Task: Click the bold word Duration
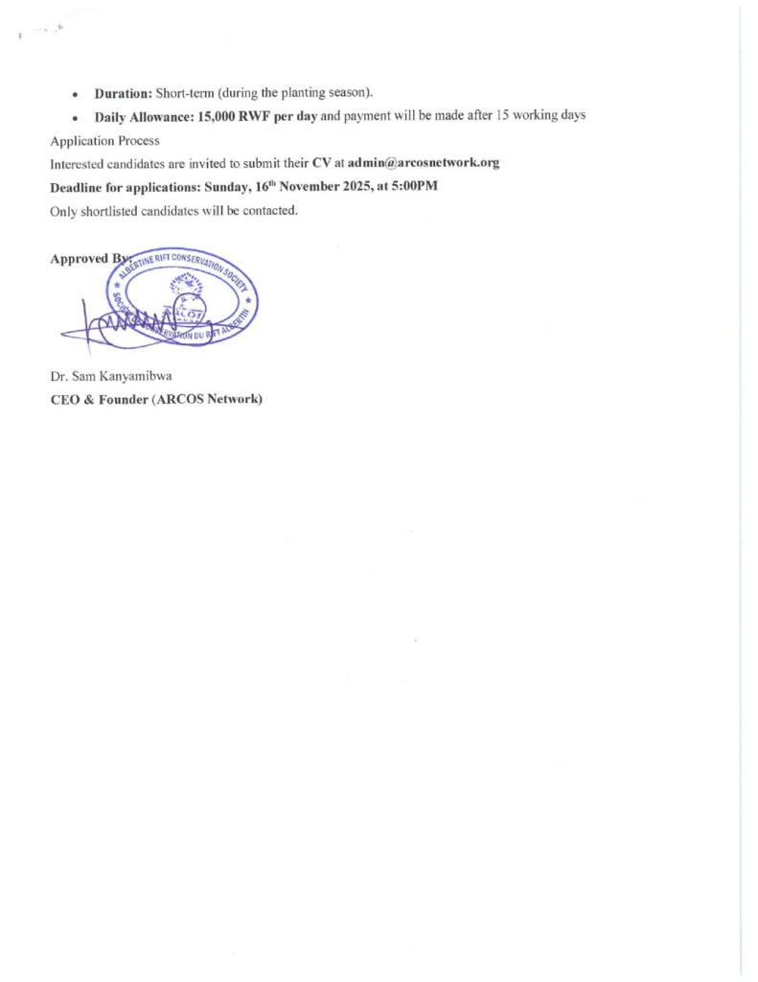pos(123,93)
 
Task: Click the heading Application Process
pos(104,140)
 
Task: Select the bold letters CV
pos(322,163)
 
